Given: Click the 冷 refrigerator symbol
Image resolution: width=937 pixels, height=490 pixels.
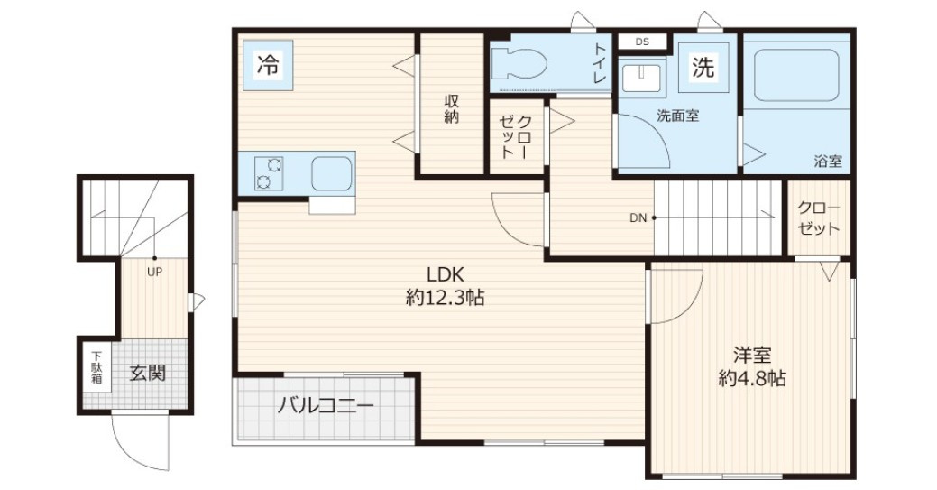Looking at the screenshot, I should tap(268, 64).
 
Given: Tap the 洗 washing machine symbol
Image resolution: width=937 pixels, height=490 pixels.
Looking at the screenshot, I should tap(703, 66).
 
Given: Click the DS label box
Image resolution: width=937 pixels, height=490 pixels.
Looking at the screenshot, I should tap(641, 42).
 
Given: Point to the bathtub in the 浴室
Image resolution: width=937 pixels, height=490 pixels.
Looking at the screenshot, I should tap(796, 74).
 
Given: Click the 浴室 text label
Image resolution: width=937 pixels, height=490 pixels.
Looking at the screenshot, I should tap(827, 162).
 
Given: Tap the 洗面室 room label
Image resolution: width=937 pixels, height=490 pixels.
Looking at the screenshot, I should tap(677, 116).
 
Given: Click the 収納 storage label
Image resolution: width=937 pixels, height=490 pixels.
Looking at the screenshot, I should tap(452, 109).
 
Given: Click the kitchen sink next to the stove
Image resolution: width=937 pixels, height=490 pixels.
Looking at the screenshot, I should tap(332, 173).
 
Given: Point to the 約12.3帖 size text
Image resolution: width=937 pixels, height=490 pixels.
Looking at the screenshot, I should tap(445, 298).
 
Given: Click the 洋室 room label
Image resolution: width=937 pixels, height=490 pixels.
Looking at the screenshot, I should tap(751, 356).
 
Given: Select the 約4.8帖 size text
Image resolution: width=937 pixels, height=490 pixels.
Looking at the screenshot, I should tap(751, 379).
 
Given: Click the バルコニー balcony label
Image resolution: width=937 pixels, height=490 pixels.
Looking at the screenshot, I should tap(325, 407).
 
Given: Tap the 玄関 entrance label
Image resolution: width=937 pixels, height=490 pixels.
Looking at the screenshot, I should tap(147, 372).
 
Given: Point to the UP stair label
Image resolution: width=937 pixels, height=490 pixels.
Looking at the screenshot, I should tap(154, 270).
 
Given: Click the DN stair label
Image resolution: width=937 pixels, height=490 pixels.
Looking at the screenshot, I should tap(638, 217).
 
